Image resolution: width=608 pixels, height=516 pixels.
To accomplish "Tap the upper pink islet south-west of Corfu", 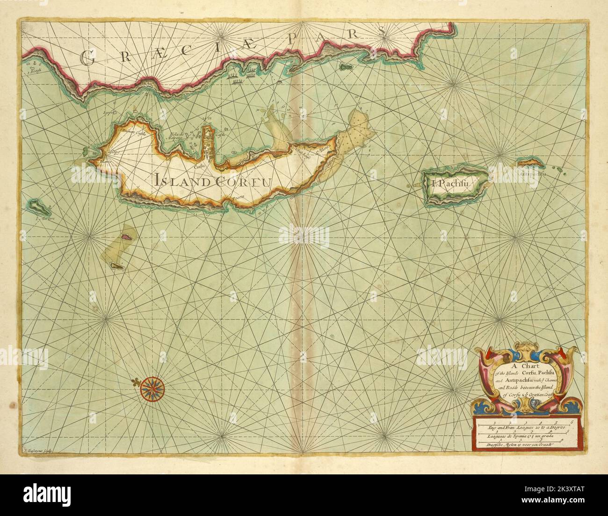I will coord(125,237).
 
